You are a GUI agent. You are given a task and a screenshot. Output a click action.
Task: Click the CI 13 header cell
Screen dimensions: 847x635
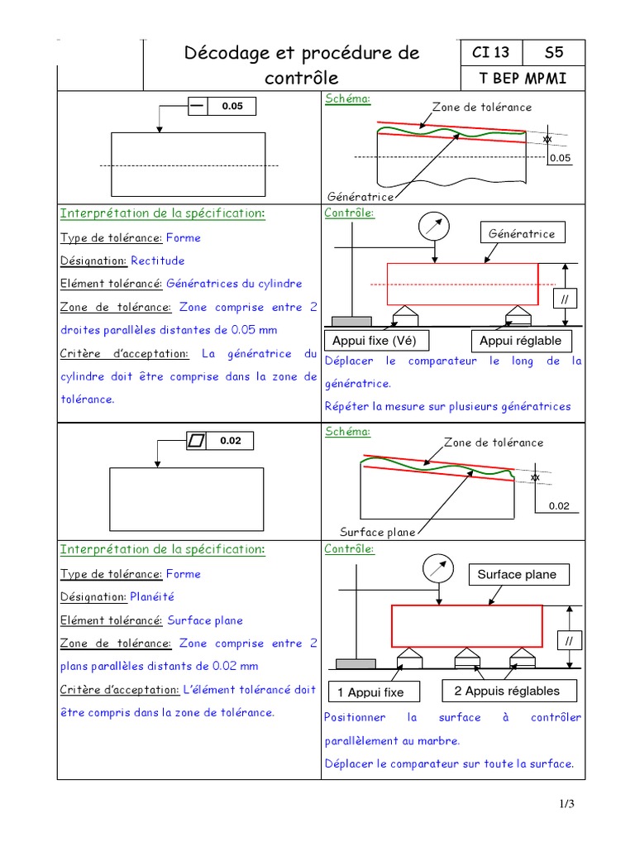(490, 53)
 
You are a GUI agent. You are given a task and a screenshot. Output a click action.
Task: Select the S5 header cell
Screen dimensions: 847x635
(554, 53)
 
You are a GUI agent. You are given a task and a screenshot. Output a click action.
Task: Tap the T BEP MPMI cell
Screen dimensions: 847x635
(522, 79)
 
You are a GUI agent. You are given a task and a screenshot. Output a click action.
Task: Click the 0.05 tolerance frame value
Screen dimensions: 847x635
(232, 107)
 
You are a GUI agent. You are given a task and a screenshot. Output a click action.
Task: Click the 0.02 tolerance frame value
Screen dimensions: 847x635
(231, 441)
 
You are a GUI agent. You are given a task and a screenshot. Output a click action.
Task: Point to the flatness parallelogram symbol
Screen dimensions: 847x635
(196, 441)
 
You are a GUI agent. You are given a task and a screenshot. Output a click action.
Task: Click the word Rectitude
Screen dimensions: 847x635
(158, 261)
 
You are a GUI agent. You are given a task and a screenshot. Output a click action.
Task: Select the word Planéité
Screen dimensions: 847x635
(151, 596)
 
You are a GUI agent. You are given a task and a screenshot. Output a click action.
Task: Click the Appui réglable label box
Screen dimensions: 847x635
(520, 341)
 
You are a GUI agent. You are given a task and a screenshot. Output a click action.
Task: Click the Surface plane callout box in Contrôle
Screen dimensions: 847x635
(517, 574)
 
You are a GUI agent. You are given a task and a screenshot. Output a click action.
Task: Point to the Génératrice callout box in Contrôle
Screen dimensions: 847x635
(522, 234)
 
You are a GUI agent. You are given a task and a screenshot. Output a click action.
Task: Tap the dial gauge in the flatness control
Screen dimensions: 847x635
(437, 568)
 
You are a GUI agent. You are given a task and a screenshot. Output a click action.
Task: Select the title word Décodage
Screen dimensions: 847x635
(225, 53)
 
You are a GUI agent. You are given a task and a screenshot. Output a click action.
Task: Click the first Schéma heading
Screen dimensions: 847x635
(347, 98)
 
